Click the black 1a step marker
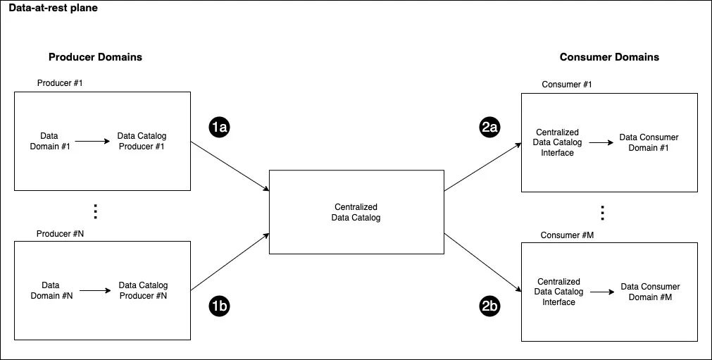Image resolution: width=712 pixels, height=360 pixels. pos(220,128)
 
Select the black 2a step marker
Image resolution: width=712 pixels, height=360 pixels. pos(490,128)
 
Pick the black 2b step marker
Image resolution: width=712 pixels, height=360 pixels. pos(489,306)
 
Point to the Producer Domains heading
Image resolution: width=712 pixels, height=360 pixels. pos(100,57)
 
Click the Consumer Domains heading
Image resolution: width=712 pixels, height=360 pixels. pos(609,57)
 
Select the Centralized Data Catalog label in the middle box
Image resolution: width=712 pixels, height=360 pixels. pos(356,212)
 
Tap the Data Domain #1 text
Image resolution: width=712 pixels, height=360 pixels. pos(49,141)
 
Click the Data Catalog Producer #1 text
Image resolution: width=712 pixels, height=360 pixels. pos(142,141)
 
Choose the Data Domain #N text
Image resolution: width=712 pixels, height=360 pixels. pos(51,290)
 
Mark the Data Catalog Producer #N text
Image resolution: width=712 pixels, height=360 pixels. pos(143,290)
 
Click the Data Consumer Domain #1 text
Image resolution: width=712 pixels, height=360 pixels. pos(649,142)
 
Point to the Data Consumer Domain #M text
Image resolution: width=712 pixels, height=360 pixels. pos(650,292)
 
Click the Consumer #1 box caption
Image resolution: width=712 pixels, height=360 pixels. pos(567,85)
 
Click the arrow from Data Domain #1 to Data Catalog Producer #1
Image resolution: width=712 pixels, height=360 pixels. pos(92,141)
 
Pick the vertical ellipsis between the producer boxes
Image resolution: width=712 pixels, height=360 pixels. pos(96,211)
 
